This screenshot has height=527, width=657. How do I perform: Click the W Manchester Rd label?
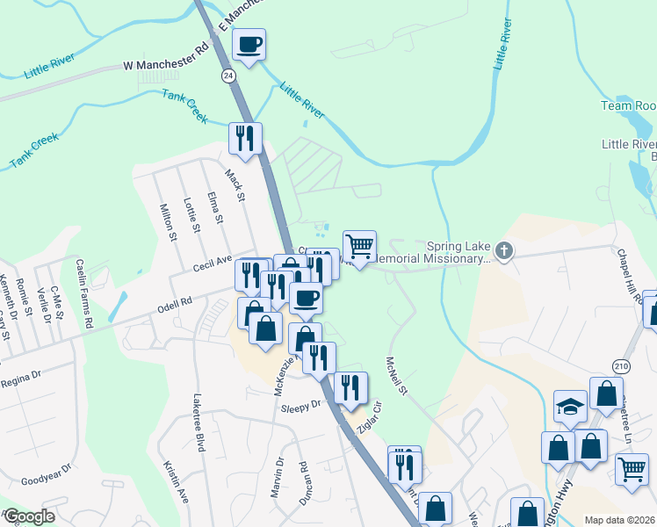[165, 66]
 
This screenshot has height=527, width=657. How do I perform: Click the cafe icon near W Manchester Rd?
[249, 44]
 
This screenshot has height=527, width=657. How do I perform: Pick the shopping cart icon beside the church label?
[359, 246]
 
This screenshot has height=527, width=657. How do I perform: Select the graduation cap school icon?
[570, 406]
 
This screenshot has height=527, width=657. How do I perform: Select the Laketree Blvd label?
[199, 422]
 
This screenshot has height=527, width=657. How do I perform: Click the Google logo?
[29, 516]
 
